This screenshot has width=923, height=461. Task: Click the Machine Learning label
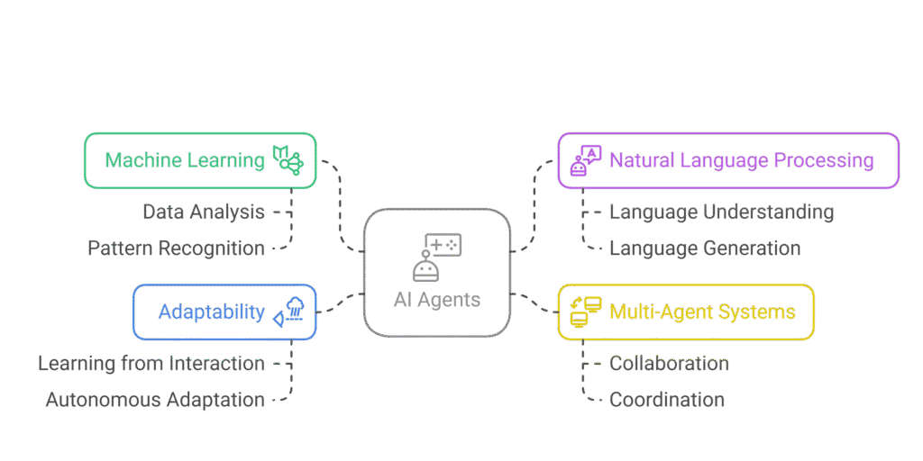click(185, 160)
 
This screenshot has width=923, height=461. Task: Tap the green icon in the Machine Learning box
click(288, 160)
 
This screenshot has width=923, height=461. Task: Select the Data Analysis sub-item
click(204, 212)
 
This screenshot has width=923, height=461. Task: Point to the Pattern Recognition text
click(177, 249)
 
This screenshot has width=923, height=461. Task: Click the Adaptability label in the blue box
click(212, 312)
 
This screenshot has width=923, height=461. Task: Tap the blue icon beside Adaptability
click(289, 312)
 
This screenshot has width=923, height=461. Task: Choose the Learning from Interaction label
click(151, 364)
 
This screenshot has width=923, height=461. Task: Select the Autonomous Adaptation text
click(155, 400)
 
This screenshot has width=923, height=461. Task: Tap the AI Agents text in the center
click(437, 300)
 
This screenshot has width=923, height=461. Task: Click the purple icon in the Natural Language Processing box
click(585, 161)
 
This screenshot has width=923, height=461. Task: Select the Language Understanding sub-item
click(721, 212)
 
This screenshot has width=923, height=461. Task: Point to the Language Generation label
click(705, 249)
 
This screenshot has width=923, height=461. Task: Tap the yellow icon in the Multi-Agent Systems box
click(585, 312)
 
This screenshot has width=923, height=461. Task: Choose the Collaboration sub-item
click(669, 364)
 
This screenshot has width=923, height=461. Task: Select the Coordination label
click(667, 400)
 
